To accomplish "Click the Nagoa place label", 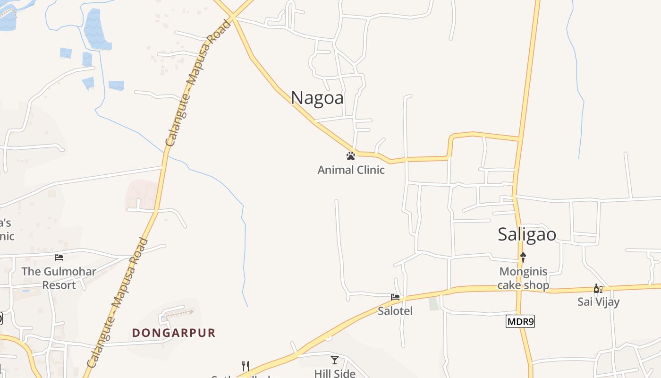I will click(317, 98).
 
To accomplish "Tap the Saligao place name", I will click(527, 235).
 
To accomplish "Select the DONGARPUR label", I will click(174, 333).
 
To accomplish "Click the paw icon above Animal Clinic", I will click(350, 155).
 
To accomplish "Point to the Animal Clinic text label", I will click(351, 170).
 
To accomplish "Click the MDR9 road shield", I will click(520, 322).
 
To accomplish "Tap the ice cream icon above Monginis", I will click(523, 258).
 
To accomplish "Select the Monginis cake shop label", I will click(523, 278).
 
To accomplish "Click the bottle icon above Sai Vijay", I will click(598, 288).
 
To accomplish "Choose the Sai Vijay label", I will click(598, 301).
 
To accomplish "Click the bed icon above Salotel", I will click(395, 297).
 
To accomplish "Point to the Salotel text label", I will click(395, 311).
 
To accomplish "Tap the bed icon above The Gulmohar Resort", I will click(59, 258).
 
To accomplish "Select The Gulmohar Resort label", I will click(59, 278).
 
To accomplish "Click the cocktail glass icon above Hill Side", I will click(335, 360).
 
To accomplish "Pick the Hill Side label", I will click(335, 373).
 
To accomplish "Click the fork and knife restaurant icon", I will click(245, 366).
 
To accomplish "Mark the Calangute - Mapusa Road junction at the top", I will click(233, 17).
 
